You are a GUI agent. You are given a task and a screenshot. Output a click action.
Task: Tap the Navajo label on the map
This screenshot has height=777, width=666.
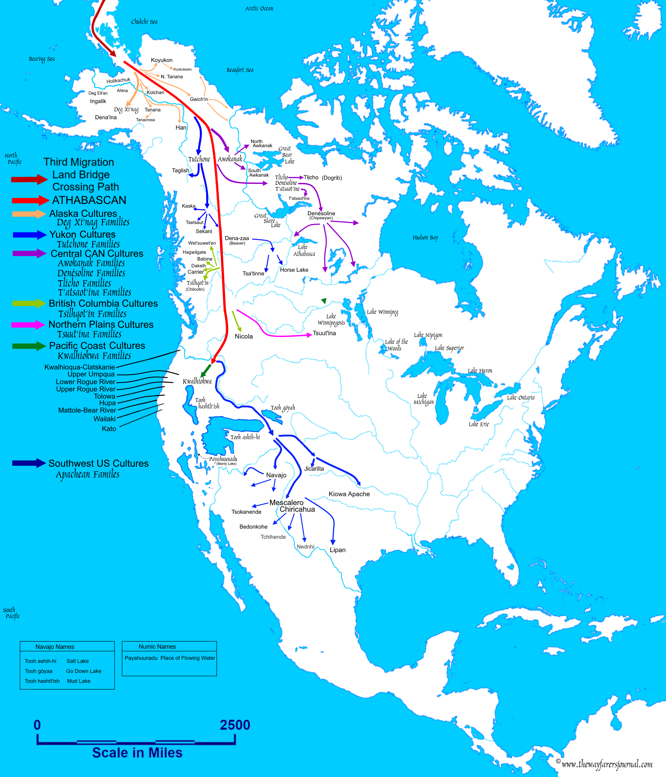(276, 475)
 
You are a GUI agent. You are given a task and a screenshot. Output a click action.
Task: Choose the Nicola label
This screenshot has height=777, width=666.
(244, 336)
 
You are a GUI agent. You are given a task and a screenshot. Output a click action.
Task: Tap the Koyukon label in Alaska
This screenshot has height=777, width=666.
(162, 60)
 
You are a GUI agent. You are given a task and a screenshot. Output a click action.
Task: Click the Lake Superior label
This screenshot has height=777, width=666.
(449, 348)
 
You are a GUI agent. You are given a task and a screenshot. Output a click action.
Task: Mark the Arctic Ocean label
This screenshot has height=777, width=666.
(259, 8)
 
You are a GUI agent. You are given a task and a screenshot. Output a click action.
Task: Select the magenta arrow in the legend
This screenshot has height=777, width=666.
(28, 325)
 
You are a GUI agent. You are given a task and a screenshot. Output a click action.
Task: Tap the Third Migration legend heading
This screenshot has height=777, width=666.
(79, 162)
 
